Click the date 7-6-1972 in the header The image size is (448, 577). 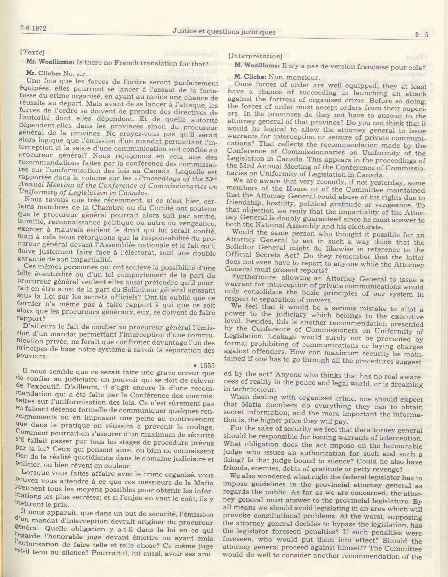click(33, 28)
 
